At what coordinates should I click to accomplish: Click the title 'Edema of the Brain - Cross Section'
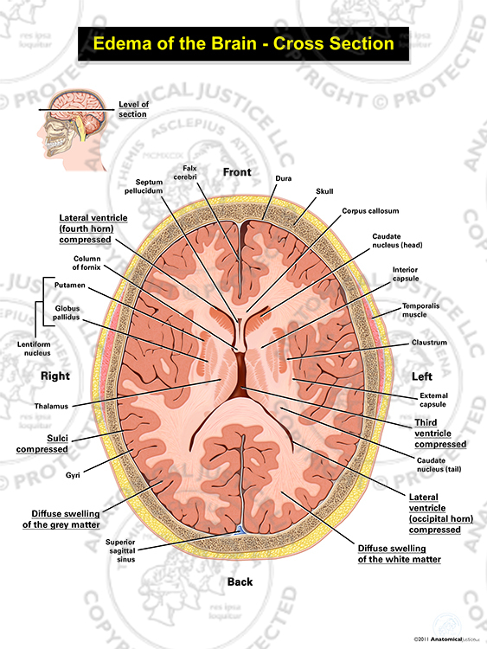coord(243,43)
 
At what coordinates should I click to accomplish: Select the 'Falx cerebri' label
coord(185,172)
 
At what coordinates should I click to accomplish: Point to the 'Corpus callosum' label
coord(370,210)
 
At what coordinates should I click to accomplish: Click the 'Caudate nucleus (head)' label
coord(397,241)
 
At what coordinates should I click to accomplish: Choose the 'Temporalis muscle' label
coord(420,310)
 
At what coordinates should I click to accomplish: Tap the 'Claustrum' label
coord(429,343)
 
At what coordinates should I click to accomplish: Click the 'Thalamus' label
coord(51,406)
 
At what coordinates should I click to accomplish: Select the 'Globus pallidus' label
coord(67,312)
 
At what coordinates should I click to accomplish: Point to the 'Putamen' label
coord(69,286)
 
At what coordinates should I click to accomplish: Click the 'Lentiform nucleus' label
coord(34,349)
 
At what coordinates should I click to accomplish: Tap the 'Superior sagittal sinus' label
coord(120,550)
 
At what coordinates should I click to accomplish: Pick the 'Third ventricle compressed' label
coord(440,434)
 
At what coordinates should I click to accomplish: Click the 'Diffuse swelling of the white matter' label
coord(399,554)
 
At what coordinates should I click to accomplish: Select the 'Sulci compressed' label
coord(42,444)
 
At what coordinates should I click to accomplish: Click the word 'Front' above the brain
coord(237,172)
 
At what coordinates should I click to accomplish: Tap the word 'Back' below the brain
coord(240,582)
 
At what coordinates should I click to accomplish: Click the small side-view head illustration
coord(74,129)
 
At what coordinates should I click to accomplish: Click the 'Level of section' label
coord(133,109)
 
